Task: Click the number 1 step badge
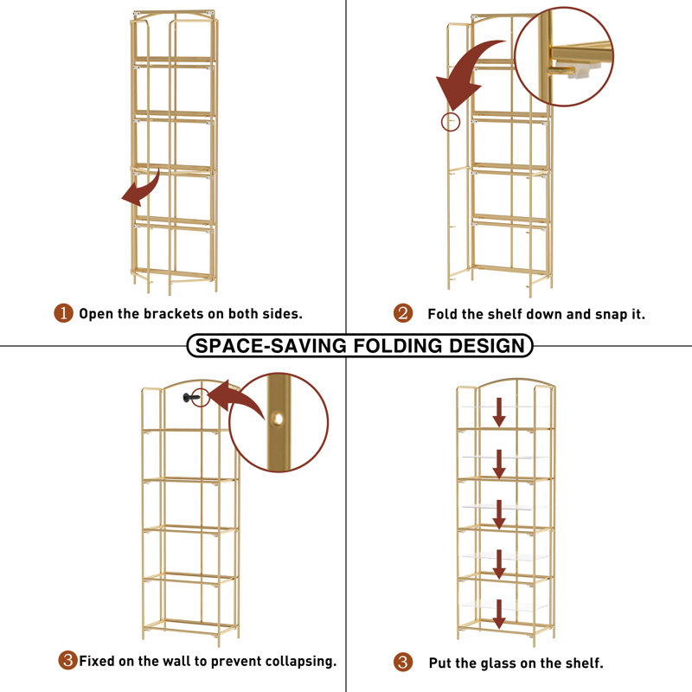63,313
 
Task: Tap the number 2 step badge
403,313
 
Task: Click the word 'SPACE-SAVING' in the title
271,345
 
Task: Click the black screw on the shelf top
191,398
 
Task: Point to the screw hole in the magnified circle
278,418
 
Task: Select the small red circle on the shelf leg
451,122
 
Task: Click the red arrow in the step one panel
141,188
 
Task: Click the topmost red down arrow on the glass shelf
499,413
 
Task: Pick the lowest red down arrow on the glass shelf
499,614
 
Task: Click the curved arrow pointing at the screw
236,400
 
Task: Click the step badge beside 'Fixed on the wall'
68,660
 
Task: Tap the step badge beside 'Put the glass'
403,662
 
